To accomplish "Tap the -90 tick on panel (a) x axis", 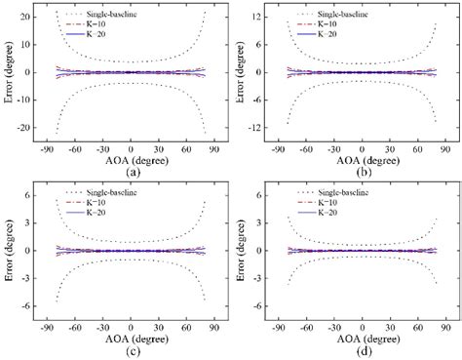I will click(45, 150).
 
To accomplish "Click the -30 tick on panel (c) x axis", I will click(100, 331).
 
